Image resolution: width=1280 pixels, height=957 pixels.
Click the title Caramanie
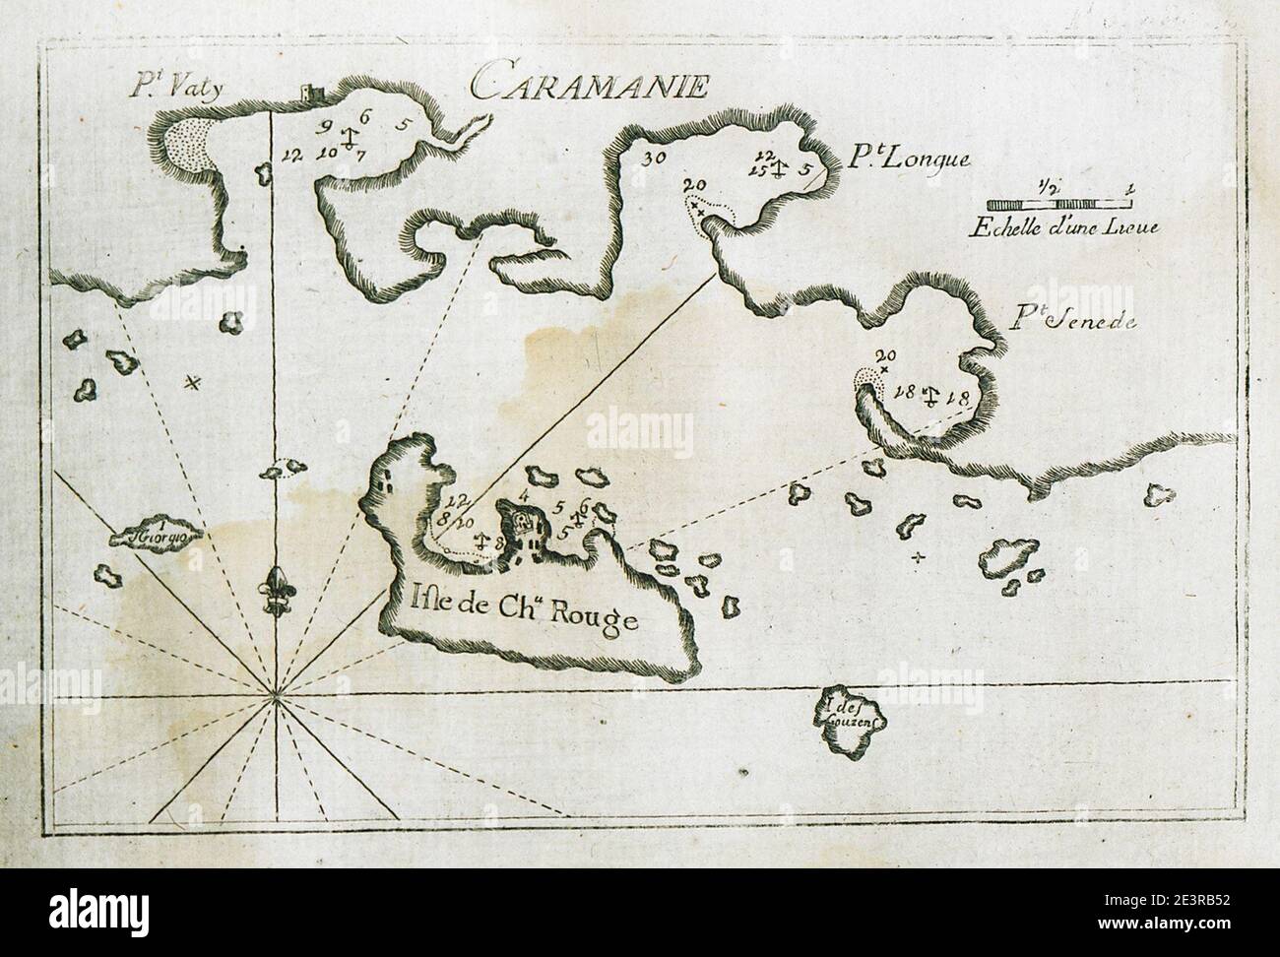(588, 86)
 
